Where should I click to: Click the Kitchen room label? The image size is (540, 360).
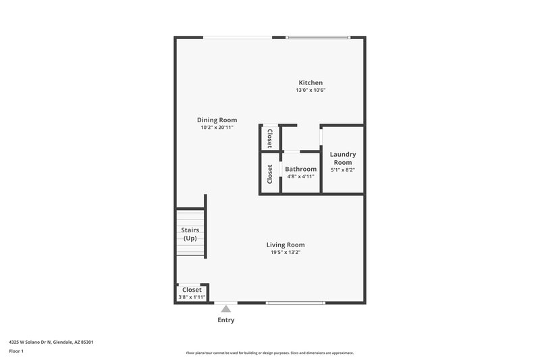310,82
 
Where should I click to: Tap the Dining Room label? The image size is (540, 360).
217,120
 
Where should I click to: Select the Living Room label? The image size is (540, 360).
285,245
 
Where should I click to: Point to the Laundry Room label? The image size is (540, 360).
342,158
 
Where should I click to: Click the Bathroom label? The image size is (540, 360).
300,169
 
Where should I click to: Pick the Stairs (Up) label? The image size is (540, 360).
190,234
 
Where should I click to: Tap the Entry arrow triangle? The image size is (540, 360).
226,309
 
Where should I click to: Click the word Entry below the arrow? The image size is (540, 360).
226,319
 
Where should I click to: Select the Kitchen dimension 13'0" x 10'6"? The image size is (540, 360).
310,90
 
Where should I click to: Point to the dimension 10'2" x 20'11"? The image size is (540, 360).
217,127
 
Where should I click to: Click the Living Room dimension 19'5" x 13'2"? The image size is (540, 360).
285,252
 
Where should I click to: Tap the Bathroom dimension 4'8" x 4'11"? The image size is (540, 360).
300,176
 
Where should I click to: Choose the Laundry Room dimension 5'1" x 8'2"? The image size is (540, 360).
342,170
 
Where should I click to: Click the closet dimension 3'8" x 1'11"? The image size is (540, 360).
192,297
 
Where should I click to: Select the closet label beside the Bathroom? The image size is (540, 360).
270,174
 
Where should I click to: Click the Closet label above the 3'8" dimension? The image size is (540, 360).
192,289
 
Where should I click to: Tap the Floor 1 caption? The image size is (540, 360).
17,352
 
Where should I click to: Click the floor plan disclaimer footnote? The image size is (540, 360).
269,353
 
